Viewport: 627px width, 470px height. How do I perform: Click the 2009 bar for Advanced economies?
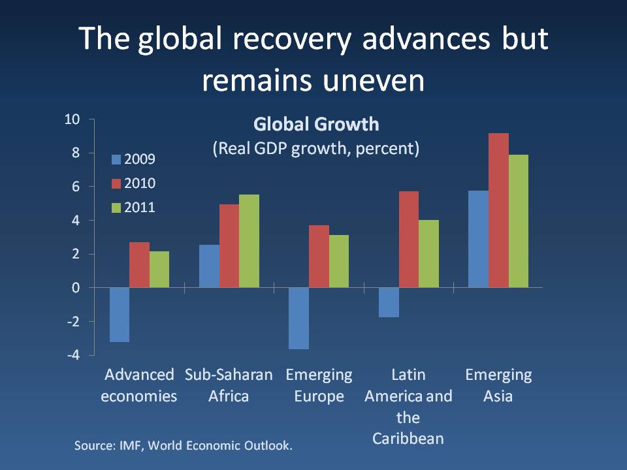(x=120, y=315)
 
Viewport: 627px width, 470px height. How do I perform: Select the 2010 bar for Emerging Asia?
(x=498, y=210)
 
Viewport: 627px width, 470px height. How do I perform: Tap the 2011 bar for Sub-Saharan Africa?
(x=249, y=241)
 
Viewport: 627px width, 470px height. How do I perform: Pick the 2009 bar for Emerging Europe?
(x=299, y=319)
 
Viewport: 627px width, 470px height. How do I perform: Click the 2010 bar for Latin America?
(x=408, y=240)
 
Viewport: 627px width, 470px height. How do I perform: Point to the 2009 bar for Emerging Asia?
(x=478, y=239)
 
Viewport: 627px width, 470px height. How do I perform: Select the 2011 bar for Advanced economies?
(x=159, y=270)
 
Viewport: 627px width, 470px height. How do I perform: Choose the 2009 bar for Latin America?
(x=389, y=302)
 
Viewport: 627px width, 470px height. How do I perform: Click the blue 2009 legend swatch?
(x=117, y=159)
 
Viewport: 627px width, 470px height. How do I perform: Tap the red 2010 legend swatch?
(x=117, y=183)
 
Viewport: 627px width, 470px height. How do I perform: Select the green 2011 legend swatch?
(x=117, y=208)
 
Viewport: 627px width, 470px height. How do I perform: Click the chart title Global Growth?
(x=315, y=124)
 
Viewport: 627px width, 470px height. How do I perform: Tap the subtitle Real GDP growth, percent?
(x=315, y=148)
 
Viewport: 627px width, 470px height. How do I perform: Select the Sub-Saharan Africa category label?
(x=229, y=385)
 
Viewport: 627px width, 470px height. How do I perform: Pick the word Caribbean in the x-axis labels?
(x=408, y=438)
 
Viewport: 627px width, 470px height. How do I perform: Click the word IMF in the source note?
(x=129, y=446)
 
